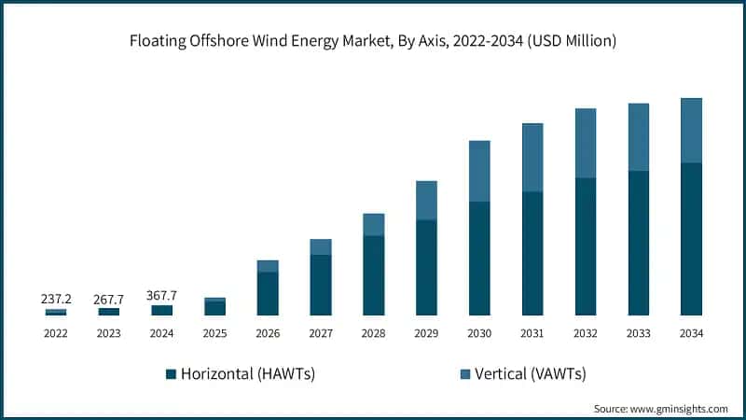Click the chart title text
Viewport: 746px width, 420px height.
373,40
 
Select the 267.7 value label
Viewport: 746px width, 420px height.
108,299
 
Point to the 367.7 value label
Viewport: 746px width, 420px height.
161,296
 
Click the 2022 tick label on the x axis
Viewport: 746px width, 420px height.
55,333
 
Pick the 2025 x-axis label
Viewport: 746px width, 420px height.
214,333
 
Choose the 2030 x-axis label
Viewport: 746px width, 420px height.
479,333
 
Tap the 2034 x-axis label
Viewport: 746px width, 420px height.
691,333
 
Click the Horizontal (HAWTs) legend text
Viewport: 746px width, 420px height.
247,374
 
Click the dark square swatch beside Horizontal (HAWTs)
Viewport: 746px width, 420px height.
171,374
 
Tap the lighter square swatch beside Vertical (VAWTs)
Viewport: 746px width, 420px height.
465,374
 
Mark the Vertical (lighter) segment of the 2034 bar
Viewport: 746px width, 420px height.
691,131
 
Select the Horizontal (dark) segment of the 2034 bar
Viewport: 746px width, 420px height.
691,239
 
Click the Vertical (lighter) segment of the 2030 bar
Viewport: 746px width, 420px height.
479,171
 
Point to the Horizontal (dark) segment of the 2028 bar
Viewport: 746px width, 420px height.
373,275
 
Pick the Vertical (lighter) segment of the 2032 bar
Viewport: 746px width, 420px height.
585,143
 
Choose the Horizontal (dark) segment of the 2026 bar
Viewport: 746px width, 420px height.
268,293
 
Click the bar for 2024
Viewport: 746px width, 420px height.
161,310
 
